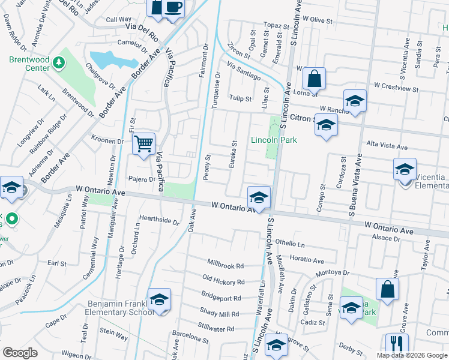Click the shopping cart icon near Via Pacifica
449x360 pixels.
143,144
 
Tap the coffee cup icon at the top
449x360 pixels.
173,8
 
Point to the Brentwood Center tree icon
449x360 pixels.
59,62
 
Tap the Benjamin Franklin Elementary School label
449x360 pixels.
121,308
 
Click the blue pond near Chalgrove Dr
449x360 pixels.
108,59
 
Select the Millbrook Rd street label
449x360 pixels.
226,265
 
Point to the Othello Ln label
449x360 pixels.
291,244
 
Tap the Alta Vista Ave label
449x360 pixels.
387,147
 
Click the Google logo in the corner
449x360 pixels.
20,353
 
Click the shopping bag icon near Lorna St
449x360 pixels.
313,79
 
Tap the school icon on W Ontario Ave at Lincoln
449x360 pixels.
259,197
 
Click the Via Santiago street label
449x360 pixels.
244,70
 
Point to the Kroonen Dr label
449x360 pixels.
107,142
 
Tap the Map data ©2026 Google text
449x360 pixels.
412,355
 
